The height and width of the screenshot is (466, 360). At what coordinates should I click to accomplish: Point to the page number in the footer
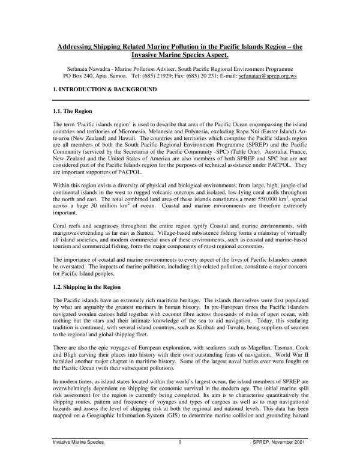180,458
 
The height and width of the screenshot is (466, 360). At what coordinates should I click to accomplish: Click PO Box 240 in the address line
80,77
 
